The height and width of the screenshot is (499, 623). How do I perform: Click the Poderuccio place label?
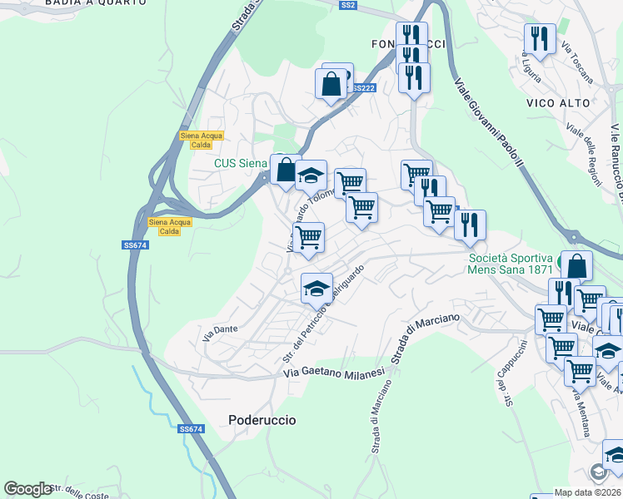pyautogui.click(x=262, y=421)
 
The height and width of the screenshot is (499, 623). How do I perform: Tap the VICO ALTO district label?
pyautogui.click(x=558, y=103)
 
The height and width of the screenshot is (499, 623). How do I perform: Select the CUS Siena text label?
pyautogui.click(x=241, y=164)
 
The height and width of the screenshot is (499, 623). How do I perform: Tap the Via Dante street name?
pyautogui.click(x=220, y=331)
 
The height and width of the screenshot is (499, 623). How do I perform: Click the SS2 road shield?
pyautogui.click(x=348, y=6)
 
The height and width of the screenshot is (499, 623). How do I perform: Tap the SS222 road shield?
pyautogui.click(x=362, y=88)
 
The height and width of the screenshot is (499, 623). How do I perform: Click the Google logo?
pyautogui.click(x=28, y=489)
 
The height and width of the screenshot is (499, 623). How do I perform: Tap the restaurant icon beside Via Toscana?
pyautogui.click(x=540, y=38)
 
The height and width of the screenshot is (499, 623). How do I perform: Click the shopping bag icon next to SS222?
pyautogui.click(x=331, y=83)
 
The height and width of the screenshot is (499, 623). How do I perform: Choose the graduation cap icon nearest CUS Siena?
pyautogui.click(x=311, y=175)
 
